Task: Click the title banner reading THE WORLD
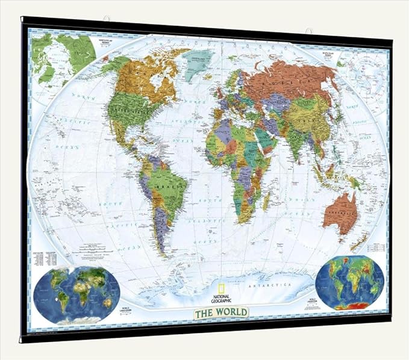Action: (220, 312)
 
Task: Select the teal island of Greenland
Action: (198, 60)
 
